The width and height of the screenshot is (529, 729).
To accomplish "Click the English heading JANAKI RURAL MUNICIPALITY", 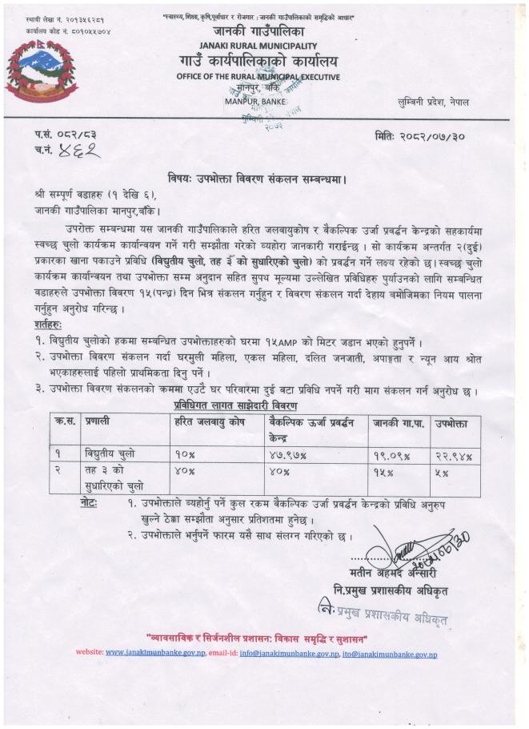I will coord(261,47).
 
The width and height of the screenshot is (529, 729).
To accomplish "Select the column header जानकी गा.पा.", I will coord(397,421).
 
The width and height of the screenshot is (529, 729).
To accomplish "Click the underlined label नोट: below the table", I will coord(90,502).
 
